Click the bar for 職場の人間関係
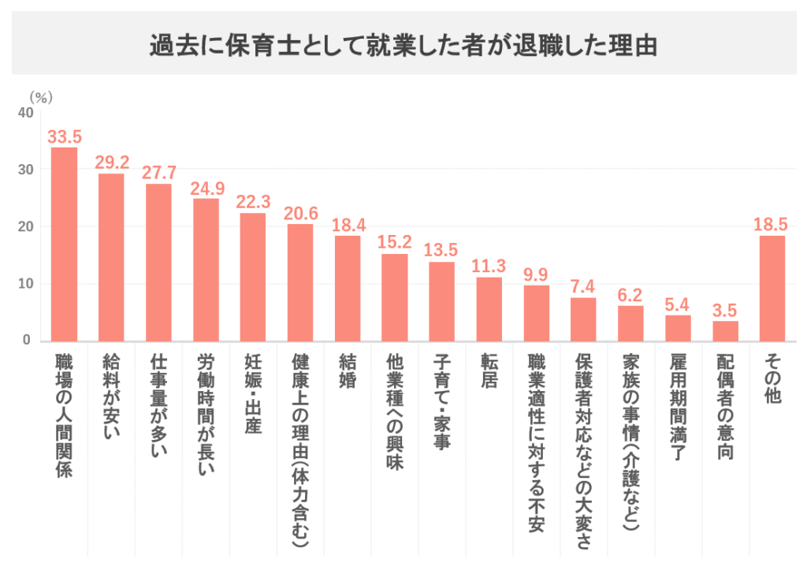[x=64, y=244]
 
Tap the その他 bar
[x=772, y=288]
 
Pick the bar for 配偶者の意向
[x=725, y=330]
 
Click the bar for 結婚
[x=348, y=288]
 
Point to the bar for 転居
[x=489, y=308]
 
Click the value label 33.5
[x=65, y=137]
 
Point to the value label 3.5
[x=725, y=311]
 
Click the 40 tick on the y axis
[x=25, y=113]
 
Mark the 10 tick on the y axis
[x=25, y=284]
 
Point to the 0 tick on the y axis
[x=28, y=341]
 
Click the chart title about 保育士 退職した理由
[x=403, y=45]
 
